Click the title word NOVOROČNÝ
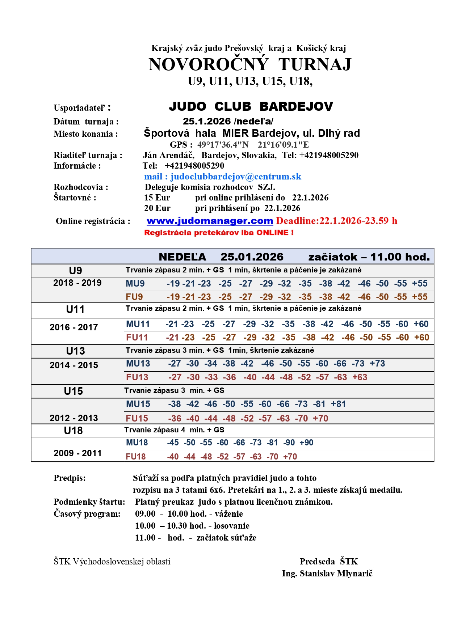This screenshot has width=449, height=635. point(209,64)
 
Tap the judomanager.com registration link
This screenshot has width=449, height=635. point(210,221)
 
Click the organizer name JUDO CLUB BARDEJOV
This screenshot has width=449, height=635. point(251,106)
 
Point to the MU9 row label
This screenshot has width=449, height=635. point(135,284)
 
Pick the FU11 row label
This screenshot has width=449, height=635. point(137,338)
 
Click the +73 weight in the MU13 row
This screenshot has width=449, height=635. point(377,364)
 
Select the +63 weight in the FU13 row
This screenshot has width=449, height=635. point(360,377)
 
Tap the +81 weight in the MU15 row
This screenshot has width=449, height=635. point(338,404)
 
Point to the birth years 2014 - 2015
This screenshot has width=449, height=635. point(74,365)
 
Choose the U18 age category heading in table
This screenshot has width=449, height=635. point(74,431)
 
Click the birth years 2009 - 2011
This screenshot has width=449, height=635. point(77,453)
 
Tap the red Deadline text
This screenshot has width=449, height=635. point(336,221)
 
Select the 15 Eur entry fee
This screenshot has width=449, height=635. point(157,198)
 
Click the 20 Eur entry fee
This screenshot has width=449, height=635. point(157,208)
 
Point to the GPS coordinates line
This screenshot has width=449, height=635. point(239,145)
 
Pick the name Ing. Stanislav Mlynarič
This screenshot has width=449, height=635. point(327,573)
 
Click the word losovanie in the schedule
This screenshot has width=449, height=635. point(231,526)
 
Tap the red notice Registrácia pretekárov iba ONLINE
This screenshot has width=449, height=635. point(219,233)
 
